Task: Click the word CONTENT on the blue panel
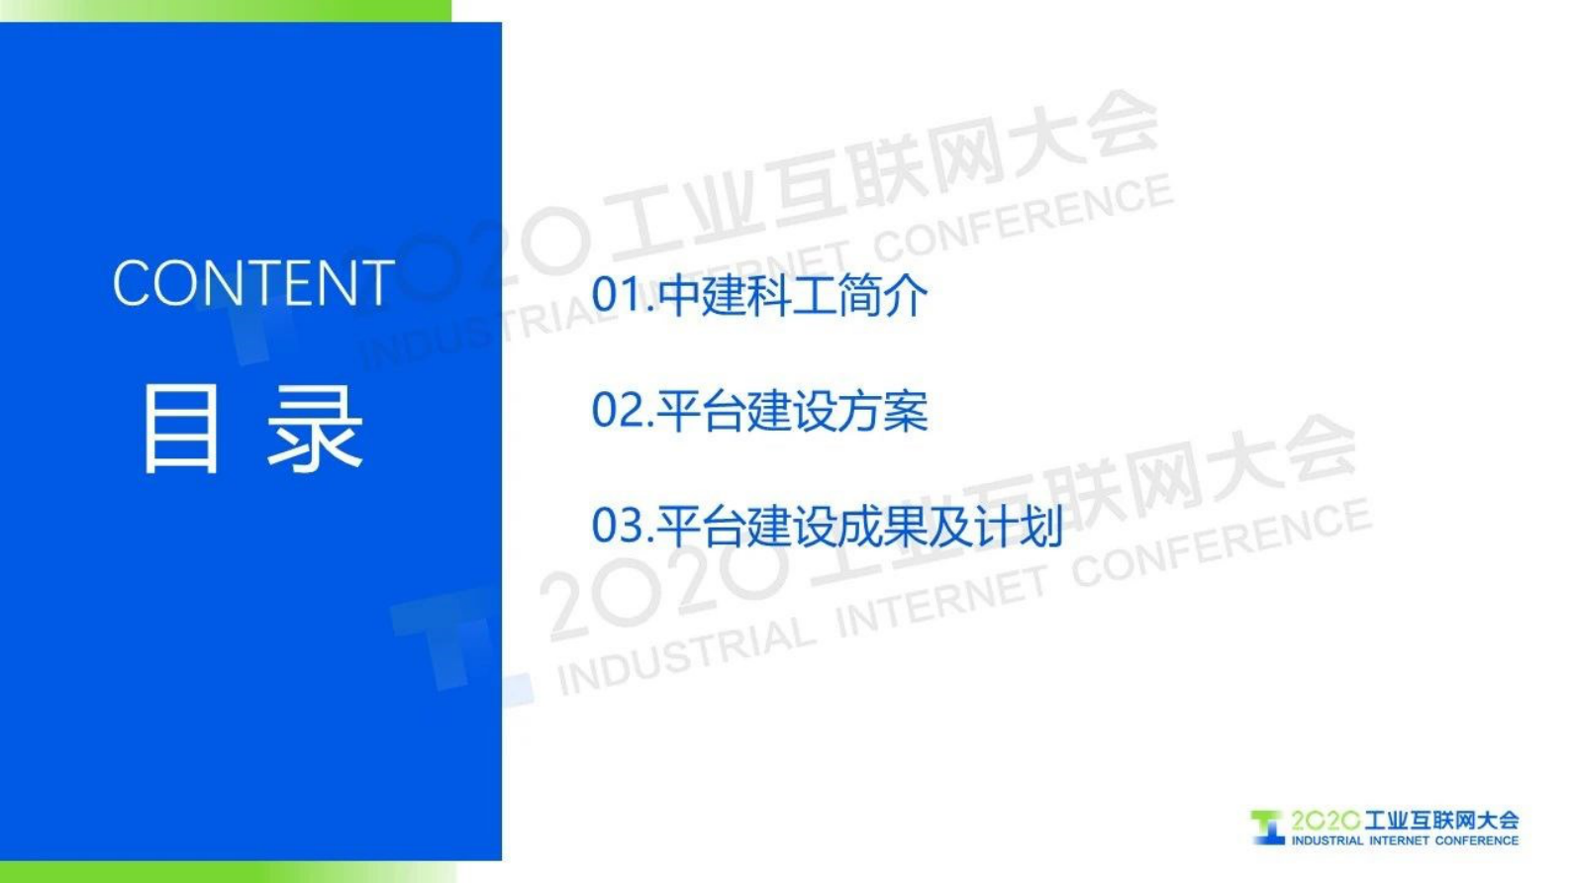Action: (x=253, y=282)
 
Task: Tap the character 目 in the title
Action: (x=181, y=430)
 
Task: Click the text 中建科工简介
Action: (x=793, y=295)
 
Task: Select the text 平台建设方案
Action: (x=793, y=411)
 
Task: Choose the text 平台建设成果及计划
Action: (x=860, y=527)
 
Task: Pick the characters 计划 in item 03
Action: (x=1019, y=527)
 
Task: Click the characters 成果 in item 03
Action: (x=883, y=527)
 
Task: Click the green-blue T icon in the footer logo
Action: (x=1267, y=828)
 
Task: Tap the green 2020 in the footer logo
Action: (x=1325, y=821)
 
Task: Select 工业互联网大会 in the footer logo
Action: (x=1440, y=821)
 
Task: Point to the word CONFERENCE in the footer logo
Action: (x=1477, y=840)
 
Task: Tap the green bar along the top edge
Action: (x=226, y=11)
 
